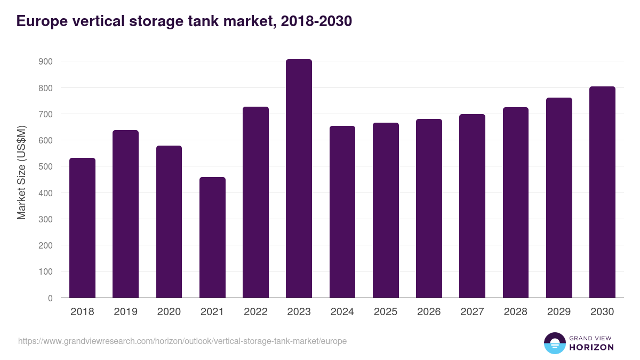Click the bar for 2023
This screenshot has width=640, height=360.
(x=299, y=178)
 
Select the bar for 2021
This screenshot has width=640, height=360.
(x=212, y=237)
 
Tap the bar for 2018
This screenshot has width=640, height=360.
(x=82, y=228)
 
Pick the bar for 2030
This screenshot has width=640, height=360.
(x=602, y=192)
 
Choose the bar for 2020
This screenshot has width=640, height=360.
(x=169, y=221)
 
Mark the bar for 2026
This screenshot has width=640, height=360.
(x=429, y=208)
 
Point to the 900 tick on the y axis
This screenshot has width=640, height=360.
(x=46, y=61)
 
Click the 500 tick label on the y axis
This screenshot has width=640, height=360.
(x=46, y=166)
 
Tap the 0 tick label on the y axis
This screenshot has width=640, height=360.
(x=50, y=298)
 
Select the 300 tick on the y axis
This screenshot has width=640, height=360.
(x=46, y=219)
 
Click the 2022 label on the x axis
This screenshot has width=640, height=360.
(x=255, y=312)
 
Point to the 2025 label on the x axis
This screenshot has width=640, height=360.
(x=386, y=312)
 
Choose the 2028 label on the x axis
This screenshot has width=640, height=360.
(x=516, y=312)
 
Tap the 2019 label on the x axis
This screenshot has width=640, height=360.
(x=125, y=312)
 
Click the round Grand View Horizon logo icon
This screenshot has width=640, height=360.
(x=554, y=343)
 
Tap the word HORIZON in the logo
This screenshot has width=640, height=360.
(x=591, y=347)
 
